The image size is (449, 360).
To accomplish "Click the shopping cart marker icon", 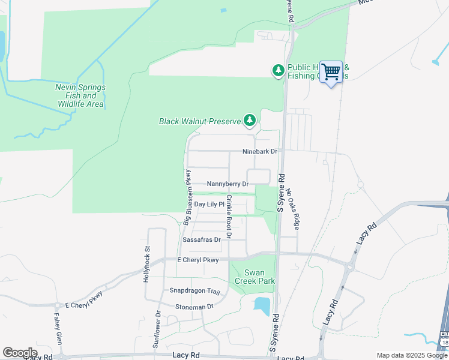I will click(x=331, y=73).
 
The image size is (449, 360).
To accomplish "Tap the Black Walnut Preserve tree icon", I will click(x=250, y=121).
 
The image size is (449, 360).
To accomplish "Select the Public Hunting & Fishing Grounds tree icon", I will click(x=279, y=71).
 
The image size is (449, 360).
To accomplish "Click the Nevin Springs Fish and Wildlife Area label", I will click(x=80, y=95).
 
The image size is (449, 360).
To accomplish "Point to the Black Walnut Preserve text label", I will click(x=199, y=121).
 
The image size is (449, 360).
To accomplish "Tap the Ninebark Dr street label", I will click(x=259, y=152).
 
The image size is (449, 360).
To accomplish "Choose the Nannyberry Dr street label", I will click(x=228, y=184).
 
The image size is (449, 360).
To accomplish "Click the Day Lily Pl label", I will click(x=209, y=205).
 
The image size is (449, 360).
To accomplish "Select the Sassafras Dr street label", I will click(x=202, y=239).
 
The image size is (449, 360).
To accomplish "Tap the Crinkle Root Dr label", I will click(x=229, y=214).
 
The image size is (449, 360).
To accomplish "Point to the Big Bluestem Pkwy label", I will click(x=187, y=197).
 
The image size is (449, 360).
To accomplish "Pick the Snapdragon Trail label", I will click(x=190, y=290).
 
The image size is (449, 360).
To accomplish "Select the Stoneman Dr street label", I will click(x=194, y=307).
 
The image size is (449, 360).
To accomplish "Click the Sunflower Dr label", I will click(x=157, y=329).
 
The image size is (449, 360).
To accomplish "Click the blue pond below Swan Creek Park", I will click(x=262, y=305).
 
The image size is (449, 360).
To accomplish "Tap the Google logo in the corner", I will click(x=20, y=352).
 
